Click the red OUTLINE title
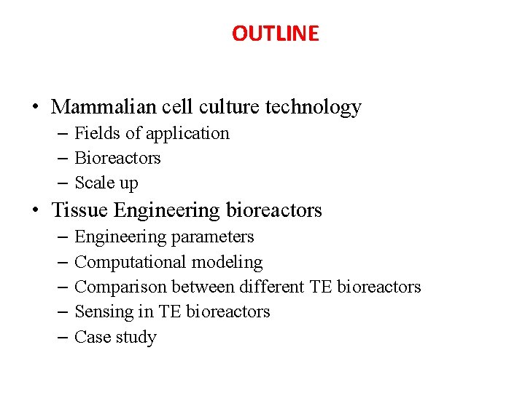click(x=275, y=33)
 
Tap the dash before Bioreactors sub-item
click(x=60, y=159)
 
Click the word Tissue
click(x=79, y=210)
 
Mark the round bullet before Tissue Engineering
click(x=35, y=212)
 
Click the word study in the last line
click(x=137, y=337)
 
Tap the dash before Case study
click(x=60, y=337)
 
